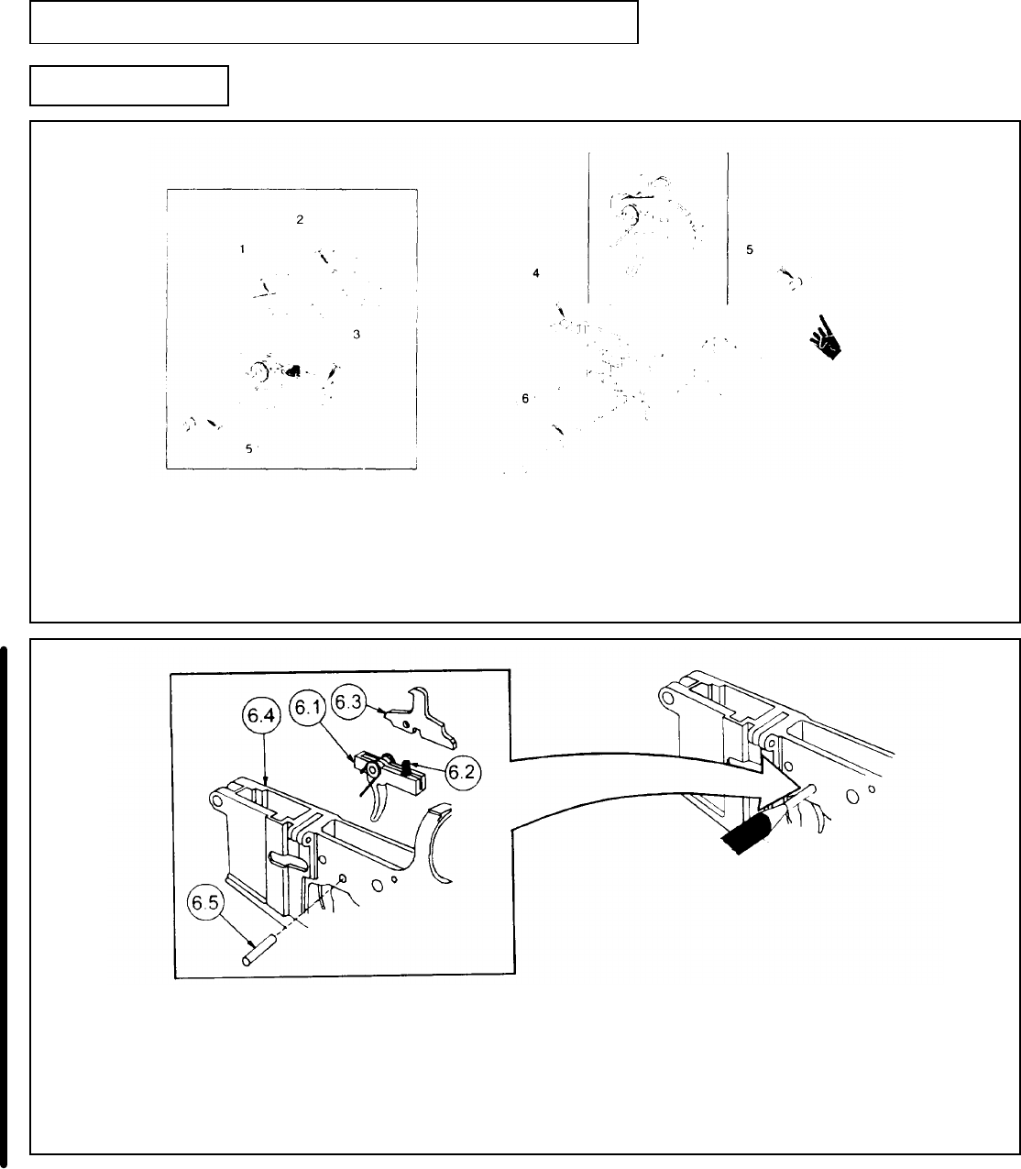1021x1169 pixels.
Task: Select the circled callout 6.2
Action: pos(459,772)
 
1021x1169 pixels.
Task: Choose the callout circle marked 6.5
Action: pos(207,905)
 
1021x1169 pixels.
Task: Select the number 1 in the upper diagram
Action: pos(242,249)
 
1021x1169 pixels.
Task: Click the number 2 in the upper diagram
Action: pos(299,219)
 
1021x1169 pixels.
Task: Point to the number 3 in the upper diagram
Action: pos(356,335)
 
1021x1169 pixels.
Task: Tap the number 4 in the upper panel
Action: pos(536,272)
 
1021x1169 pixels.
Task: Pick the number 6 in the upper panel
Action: pos(525,398)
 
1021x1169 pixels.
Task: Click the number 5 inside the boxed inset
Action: pos(248,448)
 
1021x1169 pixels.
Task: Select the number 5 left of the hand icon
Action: pos(750,249)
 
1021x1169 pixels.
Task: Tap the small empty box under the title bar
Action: pos(129,85)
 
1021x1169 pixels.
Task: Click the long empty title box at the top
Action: pos(334,23)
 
